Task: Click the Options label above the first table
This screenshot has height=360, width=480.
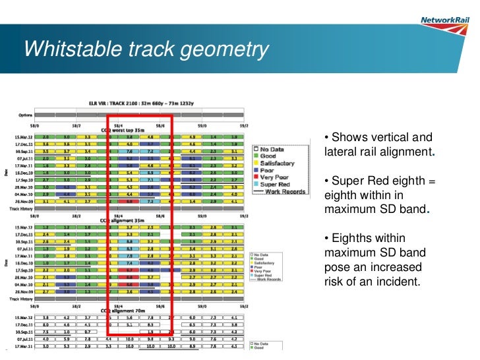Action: pyautogui.click(x=24, y=115)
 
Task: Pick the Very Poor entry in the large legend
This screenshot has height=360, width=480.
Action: pyautogui.click(x=275, y=177)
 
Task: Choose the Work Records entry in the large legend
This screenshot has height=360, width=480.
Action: pyautogui.click(x=284, y=192)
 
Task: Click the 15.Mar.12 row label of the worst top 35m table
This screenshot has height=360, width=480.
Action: pyautogui.click(x=23, y=136)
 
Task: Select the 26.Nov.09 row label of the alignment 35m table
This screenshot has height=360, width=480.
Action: pyautogui.click(x=23, y=290)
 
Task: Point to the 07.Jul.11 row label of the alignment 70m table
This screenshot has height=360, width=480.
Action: pyautogui.click(x=23, y=339)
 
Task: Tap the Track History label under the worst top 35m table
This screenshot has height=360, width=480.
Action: pyautogui.click(x=23, y=209)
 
